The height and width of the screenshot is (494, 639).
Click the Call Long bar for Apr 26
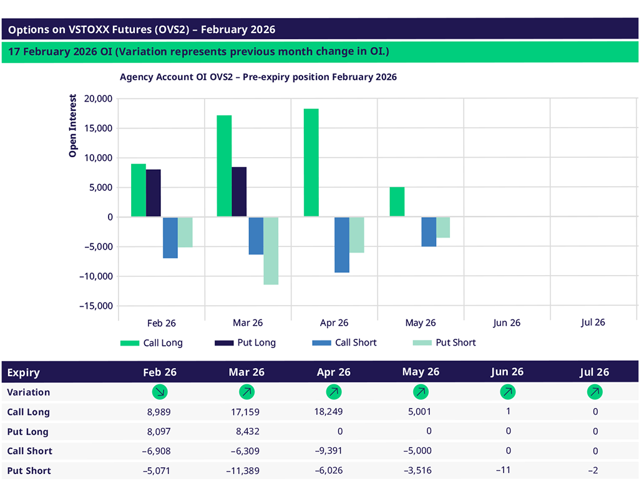pyautogui.click(x=311, y=163)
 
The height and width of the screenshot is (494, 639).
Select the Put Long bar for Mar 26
pyautogui.click(x=239, y=192)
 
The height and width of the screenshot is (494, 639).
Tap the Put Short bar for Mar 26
pyautogui.click(x=271, y=251)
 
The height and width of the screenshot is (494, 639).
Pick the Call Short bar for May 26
pyautogui.click(x=429, y=232)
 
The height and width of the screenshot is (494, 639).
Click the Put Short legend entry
pyautogui.click(x=444, y=342)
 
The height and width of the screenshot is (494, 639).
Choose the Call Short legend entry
pyautogui.click(x=344, y=342)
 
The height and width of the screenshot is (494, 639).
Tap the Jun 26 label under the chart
pyautogui.click(x=506, y=323)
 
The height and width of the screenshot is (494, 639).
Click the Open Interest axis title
pyautogui.click(x=73, y=126)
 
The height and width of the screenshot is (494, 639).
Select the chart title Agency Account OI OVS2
pyautogui.click(x=258, y=77)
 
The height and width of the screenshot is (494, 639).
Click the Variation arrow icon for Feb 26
pyautogui.click(x=160, y=392)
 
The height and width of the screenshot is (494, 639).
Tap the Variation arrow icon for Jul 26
pyautogui.click(x=595, y=392)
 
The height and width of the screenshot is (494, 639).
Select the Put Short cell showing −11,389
pyautogui.click(x=243, y=470)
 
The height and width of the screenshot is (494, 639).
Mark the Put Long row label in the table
pyautogui.click(x=27, y=432)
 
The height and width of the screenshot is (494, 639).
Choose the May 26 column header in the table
pyautogui.click(x=421, y=372)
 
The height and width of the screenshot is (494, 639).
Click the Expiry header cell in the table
pyautogui.click(x=24, y=373)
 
